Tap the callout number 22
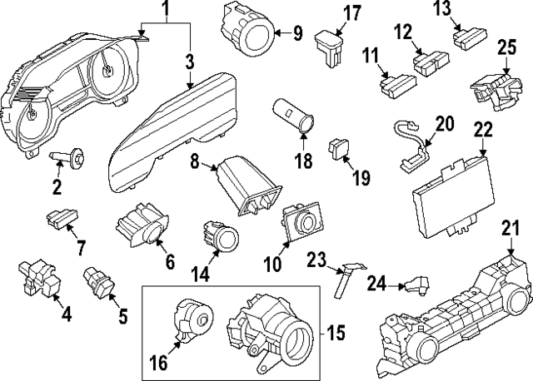click(x=483, y=130)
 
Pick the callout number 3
click(x=189, y=62)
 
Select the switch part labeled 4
click(x=37, y=277)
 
